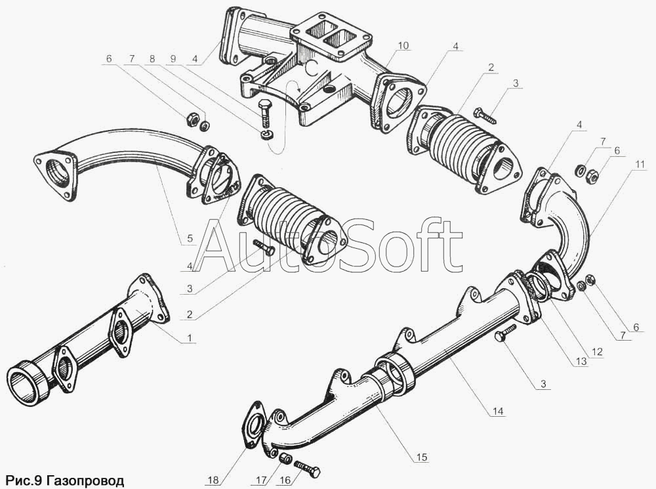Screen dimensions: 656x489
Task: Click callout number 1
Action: (190, 337)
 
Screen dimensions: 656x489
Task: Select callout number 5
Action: (190, 239)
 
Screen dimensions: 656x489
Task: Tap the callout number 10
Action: (403, 45)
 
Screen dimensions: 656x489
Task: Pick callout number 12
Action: (596, 352)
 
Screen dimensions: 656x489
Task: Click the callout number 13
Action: (581, 360)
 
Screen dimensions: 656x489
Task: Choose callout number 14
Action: (498, 411)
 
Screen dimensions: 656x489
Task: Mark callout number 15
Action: (422, 457)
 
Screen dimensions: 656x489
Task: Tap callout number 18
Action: (213, 480)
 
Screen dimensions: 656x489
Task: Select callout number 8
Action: (152, 58)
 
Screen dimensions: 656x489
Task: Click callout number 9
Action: (173, 58)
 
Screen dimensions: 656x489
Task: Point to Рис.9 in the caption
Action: (23, 480)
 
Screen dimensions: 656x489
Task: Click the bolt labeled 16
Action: (308, 469)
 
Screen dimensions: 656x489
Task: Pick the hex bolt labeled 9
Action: (265, 113)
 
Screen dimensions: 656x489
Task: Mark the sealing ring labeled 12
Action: (540, 286)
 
